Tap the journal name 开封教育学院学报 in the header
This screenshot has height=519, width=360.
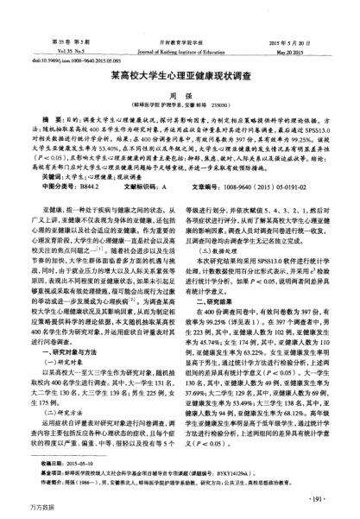coord(180,41)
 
